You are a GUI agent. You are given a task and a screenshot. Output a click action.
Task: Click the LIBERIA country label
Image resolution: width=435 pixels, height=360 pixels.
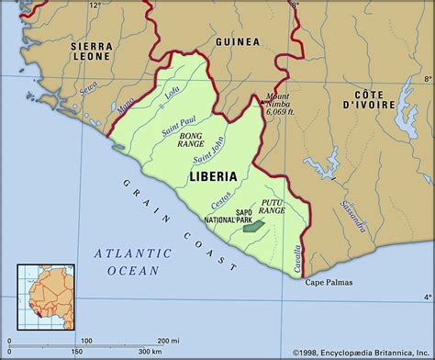point(213,176)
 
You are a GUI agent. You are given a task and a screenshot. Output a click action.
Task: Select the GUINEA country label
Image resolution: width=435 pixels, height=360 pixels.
point(237,41)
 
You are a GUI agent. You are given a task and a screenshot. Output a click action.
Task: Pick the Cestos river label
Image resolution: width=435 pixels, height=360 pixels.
point(221,197)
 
